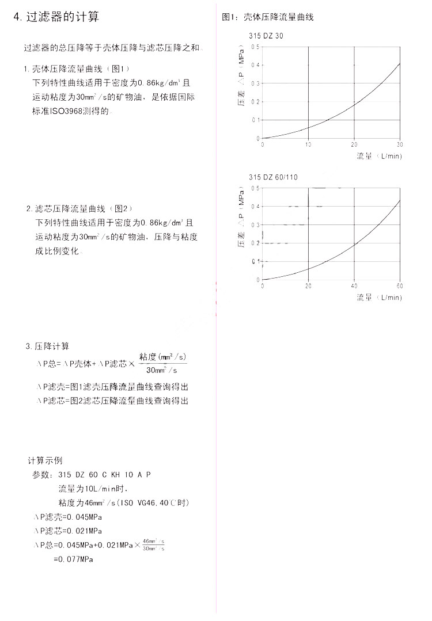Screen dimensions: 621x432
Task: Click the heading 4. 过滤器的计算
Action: (56, 17)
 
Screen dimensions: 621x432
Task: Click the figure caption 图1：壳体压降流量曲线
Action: (268, 17)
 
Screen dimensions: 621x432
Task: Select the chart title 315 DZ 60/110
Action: (273, 177)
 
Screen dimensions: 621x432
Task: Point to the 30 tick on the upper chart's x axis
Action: (400, 144)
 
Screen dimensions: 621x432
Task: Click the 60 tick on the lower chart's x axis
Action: (400, 285)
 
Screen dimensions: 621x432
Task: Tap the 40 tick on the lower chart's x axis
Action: (354, 285)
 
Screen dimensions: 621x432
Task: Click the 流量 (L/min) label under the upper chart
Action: (378, 156)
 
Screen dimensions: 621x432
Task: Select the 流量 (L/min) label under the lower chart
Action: (378, 298)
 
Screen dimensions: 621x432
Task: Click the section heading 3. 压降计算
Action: (47, 346)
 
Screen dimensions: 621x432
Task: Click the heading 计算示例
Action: (45, 460)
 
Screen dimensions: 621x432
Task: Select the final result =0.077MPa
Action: (73, 559)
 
